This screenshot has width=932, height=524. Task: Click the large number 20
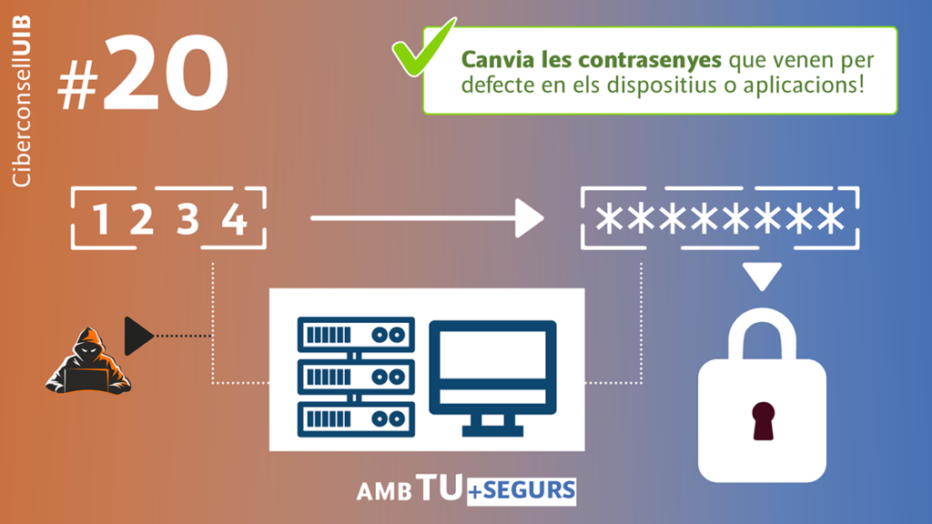pos(167,73)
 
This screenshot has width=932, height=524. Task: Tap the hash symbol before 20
pos(78,86)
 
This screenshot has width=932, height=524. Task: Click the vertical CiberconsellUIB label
pos(22,101)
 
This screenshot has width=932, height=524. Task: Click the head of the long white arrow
pos(529,218)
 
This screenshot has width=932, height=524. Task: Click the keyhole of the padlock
pos(764,420)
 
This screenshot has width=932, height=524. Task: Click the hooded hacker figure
pos(88,361)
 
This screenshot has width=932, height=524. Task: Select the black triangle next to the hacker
pos(138,337)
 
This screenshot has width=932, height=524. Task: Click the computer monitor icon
pos(492,378)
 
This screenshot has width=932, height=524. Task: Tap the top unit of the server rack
pos(356,335)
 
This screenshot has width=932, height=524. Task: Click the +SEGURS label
pos(522,490)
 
